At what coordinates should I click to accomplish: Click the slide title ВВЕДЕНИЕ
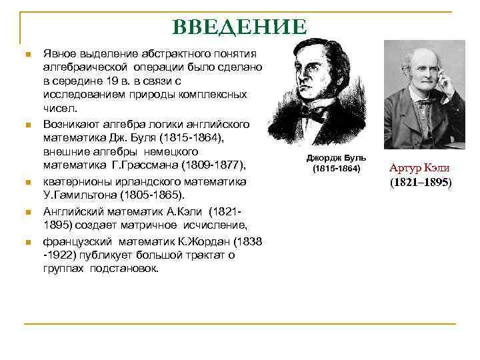click(x=239, y=27)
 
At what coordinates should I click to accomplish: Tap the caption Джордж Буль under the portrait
click(x=336, y=158)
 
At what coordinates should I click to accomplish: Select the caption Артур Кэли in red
click(x=419, y=168)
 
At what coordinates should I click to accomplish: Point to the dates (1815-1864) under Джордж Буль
click(x=336, y=169)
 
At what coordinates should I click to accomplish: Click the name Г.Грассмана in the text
click(x=143, y=165)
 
